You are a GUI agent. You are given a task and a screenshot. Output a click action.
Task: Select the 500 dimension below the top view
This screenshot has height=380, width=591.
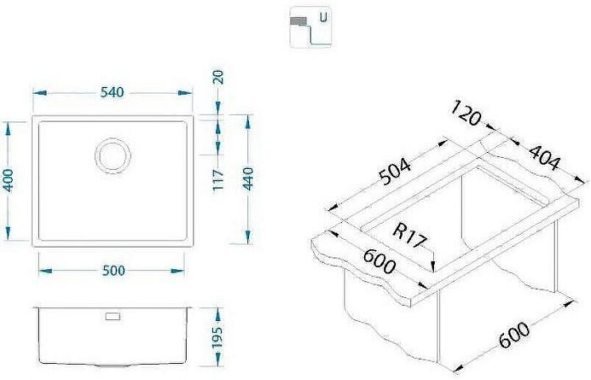tap(113, 270)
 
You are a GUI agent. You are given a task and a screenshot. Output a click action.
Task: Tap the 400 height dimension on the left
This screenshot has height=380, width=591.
tap(9, 182)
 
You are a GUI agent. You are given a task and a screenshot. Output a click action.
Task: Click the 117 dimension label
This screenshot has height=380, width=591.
tap(218, 179)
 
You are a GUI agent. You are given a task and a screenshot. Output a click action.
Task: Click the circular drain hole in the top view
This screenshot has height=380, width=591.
tap(112, 156)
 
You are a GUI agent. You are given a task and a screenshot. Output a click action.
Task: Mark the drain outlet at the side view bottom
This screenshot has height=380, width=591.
tap(111, 366)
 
